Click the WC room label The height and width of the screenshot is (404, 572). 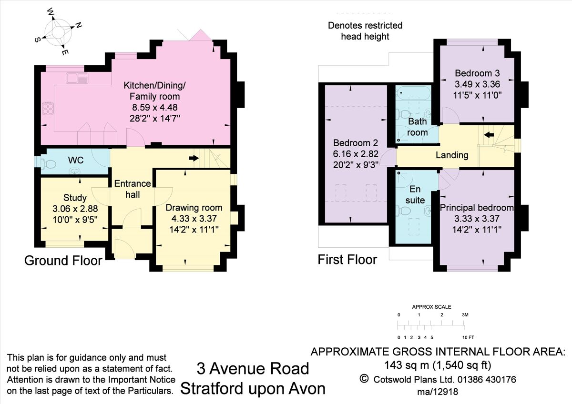pyautogui.click(x=76, y=160)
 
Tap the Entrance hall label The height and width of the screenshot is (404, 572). pyautogui.click(x=132, y=189)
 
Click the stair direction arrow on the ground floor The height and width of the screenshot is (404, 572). pyautogui.click(x=194, y=158)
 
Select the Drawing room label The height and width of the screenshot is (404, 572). pyautogui.click(x=194, y=207)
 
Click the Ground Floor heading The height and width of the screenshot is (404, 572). pyautogui.click(x=63, y=261)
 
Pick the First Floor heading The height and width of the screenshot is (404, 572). pyautogui.click(x=347, y=260)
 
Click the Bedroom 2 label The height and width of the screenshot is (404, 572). pyautogui.click(x=356, y=143)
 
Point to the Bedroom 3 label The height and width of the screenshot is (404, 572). pyautogui.click(x=477, y=73)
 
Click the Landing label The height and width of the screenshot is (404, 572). pyautogui.click(x=452, y=155)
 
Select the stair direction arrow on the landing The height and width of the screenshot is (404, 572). pyautogui.click(x=489, y=135)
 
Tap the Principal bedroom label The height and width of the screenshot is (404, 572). pyautogui.click(x=477, y=208)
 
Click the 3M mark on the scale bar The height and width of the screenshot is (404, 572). pyautogui.click(x=465, y=315)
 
